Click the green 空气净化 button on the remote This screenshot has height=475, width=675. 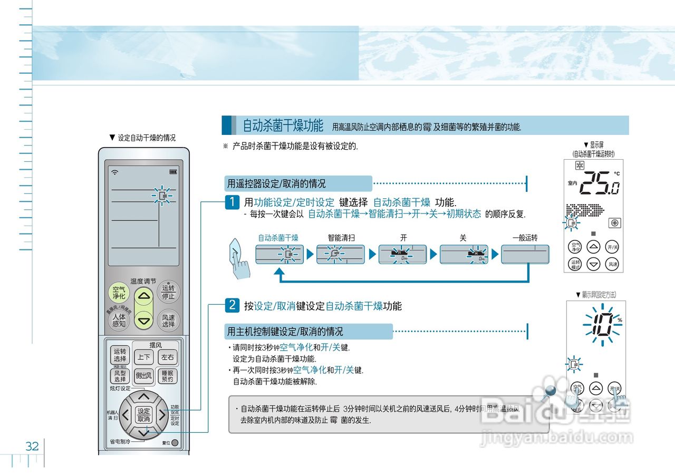[119, 293]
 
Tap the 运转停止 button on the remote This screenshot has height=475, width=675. [168, 292]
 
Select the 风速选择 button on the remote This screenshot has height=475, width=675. [168, 321]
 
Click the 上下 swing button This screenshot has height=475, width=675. [144, 357]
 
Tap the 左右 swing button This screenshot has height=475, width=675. [168, 357]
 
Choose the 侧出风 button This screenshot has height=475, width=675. [143, 376]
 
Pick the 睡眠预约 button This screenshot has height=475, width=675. [168, 376]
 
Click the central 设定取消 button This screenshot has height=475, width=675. [143, 414]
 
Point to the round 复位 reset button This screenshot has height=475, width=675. [175, 443]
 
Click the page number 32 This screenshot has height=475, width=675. [32, 447]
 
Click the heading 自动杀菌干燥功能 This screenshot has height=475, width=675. [283, 126]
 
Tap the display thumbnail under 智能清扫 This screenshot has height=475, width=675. [340, 255]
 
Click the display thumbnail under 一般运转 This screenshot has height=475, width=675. [525, 255]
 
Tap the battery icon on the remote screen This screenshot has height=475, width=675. [173, 172]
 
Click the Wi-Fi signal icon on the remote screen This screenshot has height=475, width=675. [114, 172]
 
